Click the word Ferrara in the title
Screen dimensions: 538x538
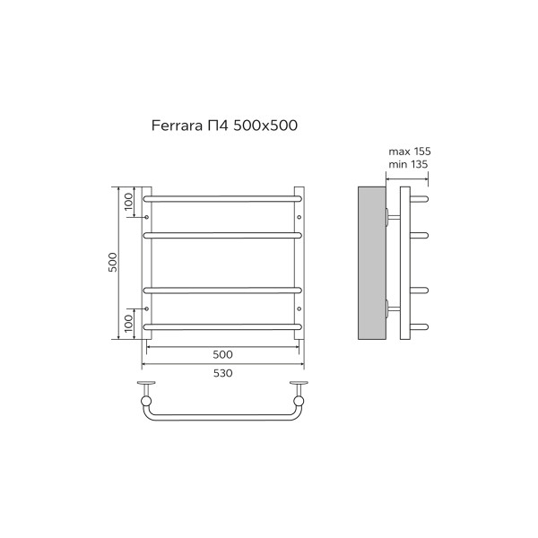[x=172, y=126]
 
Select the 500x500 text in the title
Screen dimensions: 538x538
[x=265, y=126]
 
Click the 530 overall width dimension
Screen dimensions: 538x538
[x=222, y=373]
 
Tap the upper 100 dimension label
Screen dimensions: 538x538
[x=128, y=202]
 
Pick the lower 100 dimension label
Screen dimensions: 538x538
[x=128, y=321]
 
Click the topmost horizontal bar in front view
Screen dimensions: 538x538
[x=222, y=194]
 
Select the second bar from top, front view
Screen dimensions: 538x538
[x=222, y=234]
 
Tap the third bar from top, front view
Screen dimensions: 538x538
[x=222, y=289]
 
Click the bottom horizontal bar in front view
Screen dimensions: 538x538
[x=222, y=325]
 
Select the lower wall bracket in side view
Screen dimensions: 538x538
[x=391, y=309]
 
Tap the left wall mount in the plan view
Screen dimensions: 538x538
[x=146, y=392]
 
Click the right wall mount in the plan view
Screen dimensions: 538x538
[x=299, y=392]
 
